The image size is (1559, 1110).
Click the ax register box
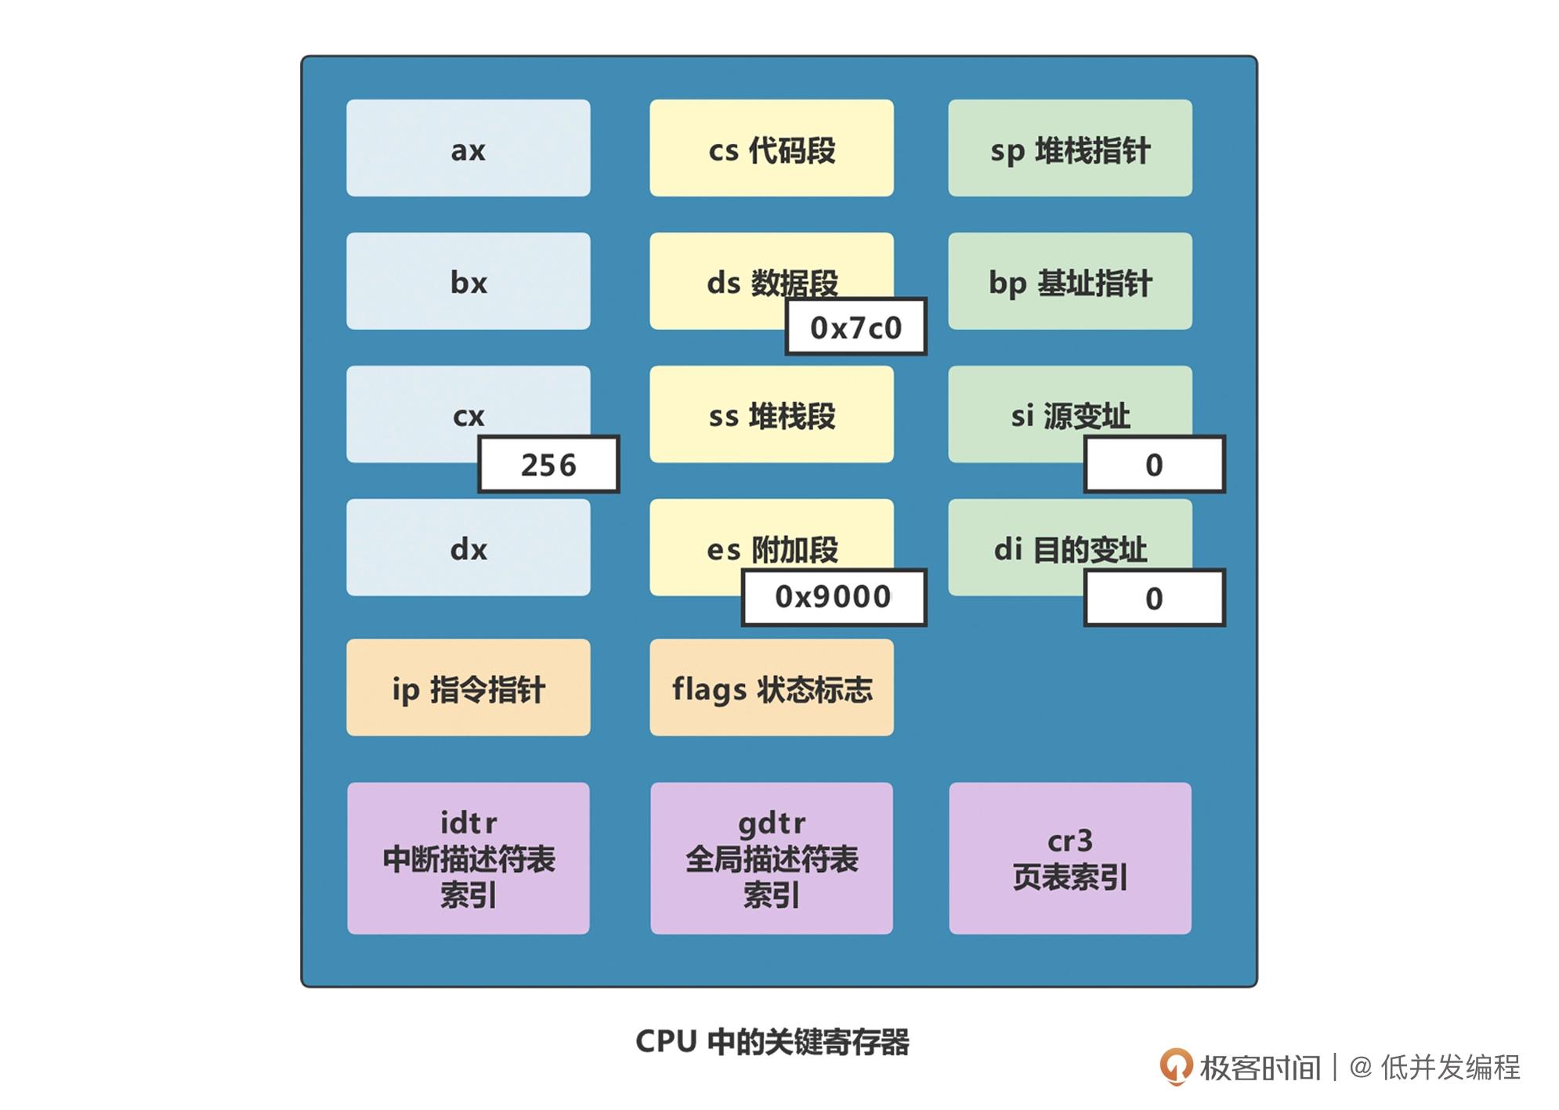(468, 148)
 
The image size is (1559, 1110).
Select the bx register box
(468, 281)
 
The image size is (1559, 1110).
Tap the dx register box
(468, 548)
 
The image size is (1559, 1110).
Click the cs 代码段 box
(771, 148)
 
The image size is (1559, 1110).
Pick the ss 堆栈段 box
(771, 414)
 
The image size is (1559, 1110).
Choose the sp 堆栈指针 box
(1069, 148)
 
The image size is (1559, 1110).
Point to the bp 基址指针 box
(1069, 281)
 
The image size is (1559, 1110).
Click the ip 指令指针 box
(468, 687)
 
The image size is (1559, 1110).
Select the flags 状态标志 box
(771, 687)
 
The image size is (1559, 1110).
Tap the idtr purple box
(468, 858)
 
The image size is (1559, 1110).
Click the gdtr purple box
(771, 858)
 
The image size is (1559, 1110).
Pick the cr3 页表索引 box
(1069, 858)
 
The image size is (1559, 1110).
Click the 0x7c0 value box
(855, 327)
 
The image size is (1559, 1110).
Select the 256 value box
(548, 465)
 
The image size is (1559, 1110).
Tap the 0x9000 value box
(834, 597)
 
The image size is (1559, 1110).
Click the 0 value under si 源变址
(1154, 465)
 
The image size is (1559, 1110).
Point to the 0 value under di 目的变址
(1154, 598)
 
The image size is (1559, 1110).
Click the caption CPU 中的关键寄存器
(771, 1041)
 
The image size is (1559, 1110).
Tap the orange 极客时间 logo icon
(1175, 1066)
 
